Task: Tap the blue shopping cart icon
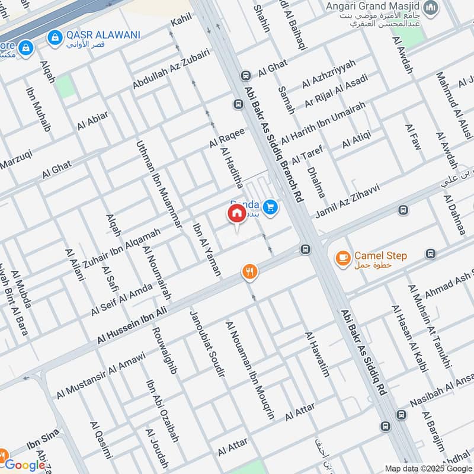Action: point(270,207)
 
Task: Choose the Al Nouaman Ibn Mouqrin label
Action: point(250,370)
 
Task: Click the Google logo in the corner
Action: point(25,465)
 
